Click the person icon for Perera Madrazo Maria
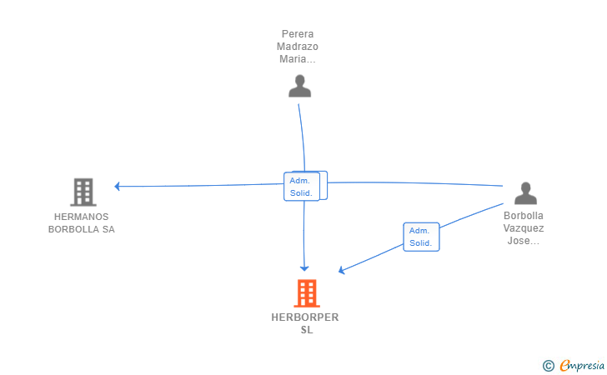[x=299, y=86]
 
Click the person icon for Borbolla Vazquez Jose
[x=525, y=193]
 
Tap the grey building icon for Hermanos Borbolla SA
[x=83, y=192]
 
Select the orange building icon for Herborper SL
[x=306, y=293]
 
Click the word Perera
[x=298, y=34]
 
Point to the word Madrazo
[x=298, y=47]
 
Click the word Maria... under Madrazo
[x=298, y=59]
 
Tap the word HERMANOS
[x=81, y=217]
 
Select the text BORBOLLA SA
[x=81, y=229]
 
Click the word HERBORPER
[x=305, y=317]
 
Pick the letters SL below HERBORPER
[x=306, y=330]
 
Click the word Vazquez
[x=524, y=227]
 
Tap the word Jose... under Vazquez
[x=524, y=241]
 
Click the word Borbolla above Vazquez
[x=524, y=215]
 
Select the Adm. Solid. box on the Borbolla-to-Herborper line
[x=421, y=237]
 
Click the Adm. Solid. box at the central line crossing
[x=302, y=187]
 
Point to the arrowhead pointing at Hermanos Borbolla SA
[x=118, y=186]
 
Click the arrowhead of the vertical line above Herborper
[x=304, y=267]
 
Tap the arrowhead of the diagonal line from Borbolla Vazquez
[x=342, y=270]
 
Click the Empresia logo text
[x=582, y=365]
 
